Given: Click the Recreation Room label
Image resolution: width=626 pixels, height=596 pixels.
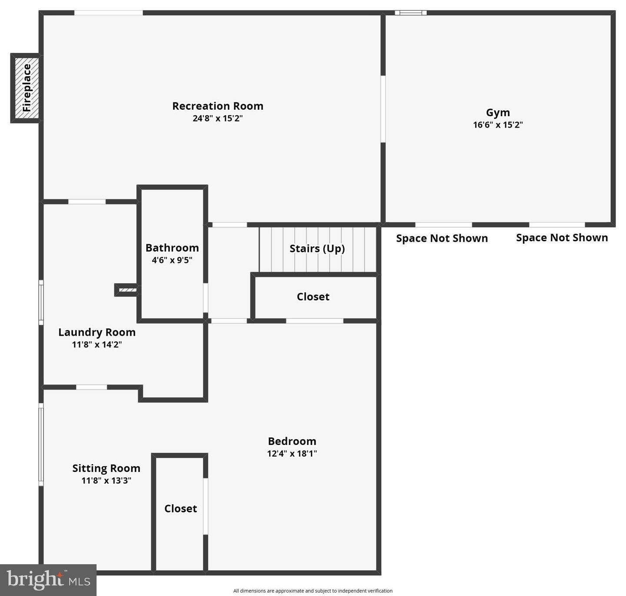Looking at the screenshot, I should (x=217, y=106).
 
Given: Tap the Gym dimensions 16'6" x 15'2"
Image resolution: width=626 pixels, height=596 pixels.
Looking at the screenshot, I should (x=498, y=125).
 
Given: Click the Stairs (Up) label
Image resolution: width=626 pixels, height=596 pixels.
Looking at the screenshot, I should (x=317, y=249).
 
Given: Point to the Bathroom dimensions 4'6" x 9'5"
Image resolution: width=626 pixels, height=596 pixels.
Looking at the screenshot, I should (x=172, y=260).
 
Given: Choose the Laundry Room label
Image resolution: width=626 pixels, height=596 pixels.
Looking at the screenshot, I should (x=97, y=332).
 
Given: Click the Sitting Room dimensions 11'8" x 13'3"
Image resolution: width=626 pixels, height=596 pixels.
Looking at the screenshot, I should (x=106, y=481).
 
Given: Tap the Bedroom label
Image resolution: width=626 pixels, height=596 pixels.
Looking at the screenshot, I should (x=292, y=441).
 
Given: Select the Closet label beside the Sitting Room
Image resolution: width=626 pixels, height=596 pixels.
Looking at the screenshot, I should (x=180, y=508).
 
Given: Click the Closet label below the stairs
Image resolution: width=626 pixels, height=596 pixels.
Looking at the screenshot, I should (x=313, y=297).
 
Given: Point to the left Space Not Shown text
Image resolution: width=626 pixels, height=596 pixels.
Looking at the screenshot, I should (x=442, y=239).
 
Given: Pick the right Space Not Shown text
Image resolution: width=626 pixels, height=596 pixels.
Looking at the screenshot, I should (x=562, y=238).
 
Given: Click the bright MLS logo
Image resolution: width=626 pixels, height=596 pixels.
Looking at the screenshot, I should (x=48, y=580).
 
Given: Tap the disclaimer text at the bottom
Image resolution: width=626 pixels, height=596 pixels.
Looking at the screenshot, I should (x=313, y=591).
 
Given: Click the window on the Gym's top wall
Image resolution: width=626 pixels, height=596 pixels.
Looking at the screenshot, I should (x=411, y=13).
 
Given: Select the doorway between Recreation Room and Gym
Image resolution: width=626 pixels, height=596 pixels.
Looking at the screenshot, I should (x=383, y=109).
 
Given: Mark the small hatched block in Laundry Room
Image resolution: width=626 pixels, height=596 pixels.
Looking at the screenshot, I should (x=127, y=290).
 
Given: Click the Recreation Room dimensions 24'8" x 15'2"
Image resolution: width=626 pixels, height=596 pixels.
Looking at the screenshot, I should (x=217, y=118).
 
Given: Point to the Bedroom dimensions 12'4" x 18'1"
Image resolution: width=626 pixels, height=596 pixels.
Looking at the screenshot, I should (x=292, y=454).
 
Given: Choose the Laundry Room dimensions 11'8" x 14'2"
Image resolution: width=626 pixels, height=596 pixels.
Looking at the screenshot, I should (x=97, y=345).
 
